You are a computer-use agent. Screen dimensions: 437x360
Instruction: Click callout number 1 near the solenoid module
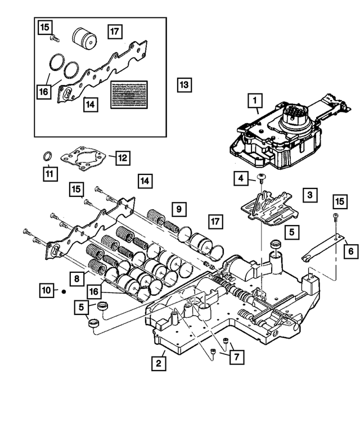click(255, 101)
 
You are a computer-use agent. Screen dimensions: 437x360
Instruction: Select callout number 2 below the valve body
click(160, 363)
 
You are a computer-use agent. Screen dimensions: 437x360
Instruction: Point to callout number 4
click(241, 179)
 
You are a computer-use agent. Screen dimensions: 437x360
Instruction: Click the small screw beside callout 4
click(262, 178)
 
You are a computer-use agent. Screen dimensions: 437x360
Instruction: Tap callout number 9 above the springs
click(178, 209)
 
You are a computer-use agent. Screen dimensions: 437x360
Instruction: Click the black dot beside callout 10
click(64, 291)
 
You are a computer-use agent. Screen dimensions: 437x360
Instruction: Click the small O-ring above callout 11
click(49, 155)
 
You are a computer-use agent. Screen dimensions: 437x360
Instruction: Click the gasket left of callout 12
click(84, 156)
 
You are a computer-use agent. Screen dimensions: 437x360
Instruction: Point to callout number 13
click(184, 85)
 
